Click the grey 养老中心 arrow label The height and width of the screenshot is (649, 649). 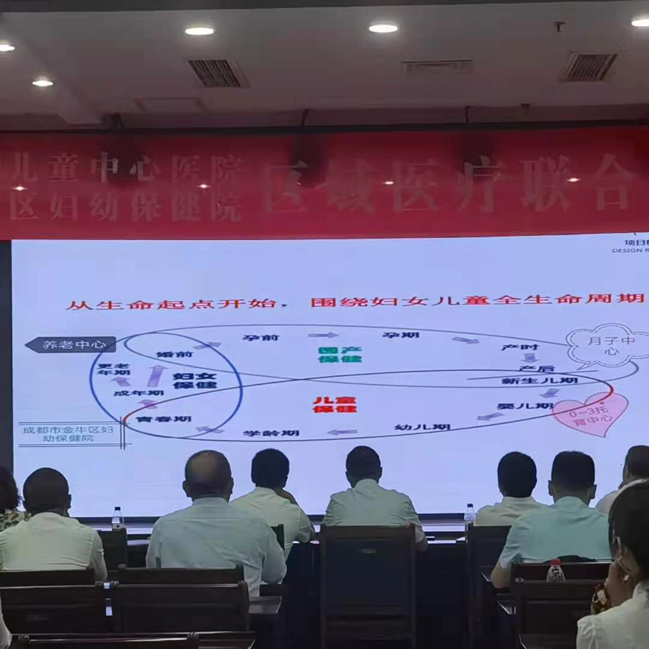coord(71,344)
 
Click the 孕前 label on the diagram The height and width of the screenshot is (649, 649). coord(261,337)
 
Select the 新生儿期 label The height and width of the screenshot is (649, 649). coord(540,381)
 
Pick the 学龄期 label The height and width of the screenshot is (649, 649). coord(271,433)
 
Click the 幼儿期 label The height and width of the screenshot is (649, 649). coord(422,427)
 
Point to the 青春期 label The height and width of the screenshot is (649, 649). coord(155,418)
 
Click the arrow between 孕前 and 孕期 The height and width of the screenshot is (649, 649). coord(323,335)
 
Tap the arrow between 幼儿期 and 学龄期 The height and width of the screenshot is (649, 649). coord(342,431)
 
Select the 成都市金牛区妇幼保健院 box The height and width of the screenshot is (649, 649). coord(67,434)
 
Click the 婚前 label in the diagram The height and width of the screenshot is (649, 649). coord(175,354)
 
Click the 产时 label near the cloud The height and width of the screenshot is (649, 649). coord(520,347)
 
